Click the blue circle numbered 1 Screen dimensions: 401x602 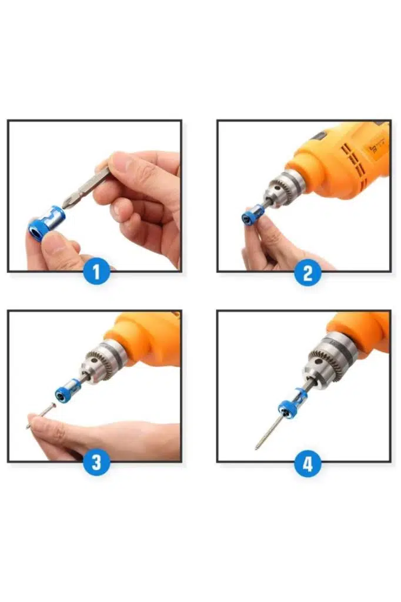tap(96, 272)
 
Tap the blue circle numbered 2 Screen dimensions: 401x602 tap(308, 273)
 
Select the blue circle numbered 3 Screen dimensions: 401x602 tap(96, 462)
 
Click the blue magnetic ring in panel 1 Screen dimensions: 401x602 tap(45, 223)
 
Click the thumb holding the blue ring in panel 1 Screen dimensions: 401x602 tap(58, 249)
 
